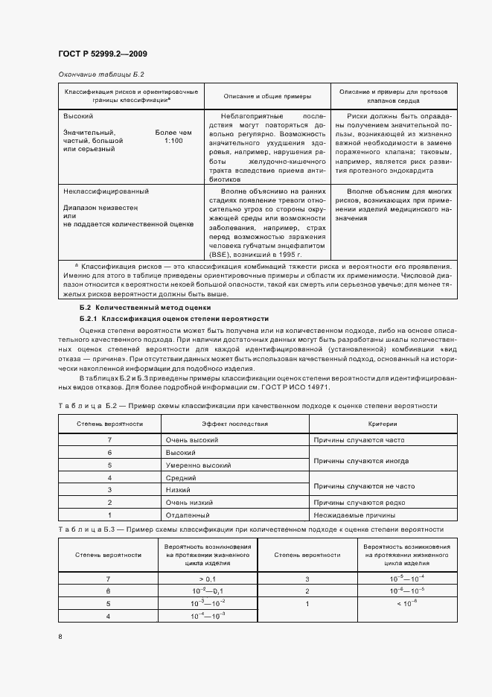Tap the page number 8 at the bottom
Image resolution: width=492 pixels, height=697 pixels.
pyautogui.click(x=60, y=636)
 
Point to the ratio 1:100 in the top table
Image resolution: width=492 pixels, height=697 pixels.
pyautogui.click(x=173, y=140)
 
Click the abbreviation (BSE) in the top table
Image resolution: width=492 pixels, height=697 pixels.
pyautogui.click(x=220, y=253)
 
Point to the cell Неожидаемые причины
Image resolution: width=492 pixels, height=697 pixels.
pyautogui.click(x=354, y=515)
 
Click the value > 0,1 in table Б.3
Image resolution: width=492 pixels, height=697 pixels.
pyautogui.click(x=207, y=579)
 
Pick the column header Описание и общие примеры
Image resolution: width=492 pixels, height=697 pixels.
pyautogui.click(x=266, y=96)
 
